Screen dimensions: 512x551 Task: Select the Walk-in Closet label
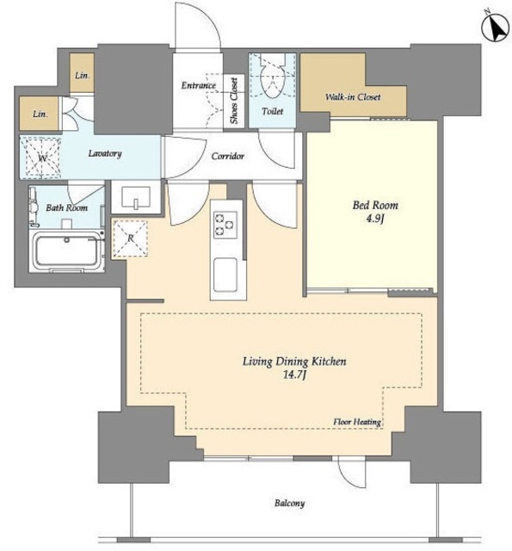pyautogui.click(x=353, y=96)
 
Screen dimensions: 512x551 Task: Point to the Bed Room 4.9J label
pyautogui.click(x=375, y=212)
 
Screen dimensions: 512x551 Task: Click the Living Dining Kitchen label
pyautogui.click(x=294, y=362)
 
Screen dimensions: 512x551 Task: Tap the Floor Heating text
pyautogui.click(x=357, y=422)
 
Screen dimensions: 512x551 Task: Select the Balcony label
pyautogui.click(x=289, y=503)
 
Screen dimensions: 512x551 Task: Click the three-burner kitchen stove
pyautogui.click(x=225, y=224)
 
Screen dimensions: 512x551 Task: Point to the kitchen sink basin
pyautogui.click(x=225, y=275)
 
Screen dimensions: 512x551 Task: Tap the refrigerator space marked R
pyautogui.click(x=130, y=238)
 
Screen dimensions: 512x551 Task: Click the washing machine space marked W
pyautogui.click(x=41, y=158)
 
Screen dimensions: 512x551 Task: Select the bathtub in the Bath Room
pyautogui.click(x=67, y=251)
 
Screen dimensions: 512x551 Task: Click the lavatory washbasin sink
pyautogui.click(x=136, y=196)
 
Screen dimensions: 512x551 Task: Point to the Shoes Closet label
pyautogui.click(x=234, y=101)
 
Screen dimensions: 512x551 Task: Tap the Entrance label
pyautogui.click(x=199, y=85)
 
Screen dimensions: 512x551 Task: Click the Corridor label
pyautogui.click(x=227, y=156)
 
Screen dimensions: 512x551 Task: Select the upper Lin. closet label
pyautogui.click(x=82, y=75)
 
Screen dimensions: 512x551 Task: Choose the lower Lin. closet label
pyautogui.click(x=40, y=114)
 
